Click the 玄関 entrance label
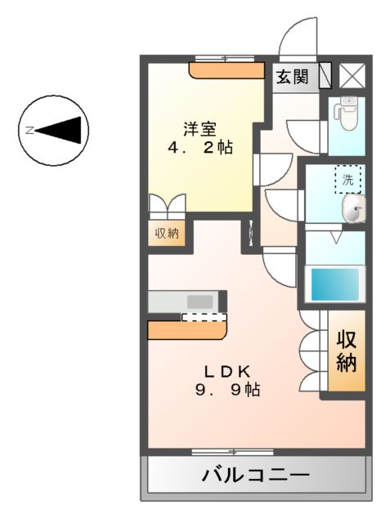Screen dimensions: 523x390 [292, 78]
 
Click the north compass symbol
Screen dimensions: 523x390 [54, 130]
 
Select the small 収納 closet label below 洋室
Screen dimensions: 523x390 [167, 234]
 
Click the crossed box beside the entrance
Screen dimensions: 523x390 [353, 76]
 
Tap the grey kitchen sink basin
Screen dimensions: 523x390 [199, 300]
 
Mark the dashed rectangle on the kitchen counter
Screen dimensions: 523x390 [202, 318]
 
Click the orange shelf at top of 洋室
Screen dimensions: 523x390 [225, 71]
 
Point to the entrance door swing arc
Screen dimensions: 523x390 [295, 37]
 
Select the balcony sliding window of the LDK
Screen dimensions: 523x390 [221, 451]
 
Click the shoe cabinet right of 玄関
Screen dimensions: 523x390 [325, 76]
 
